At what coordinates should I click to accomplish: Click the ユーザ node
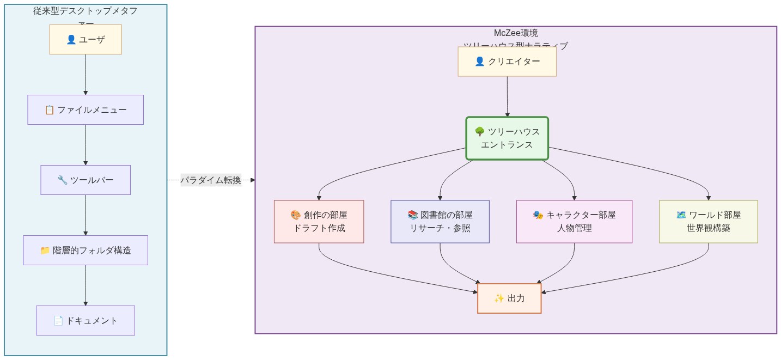pos(86,39)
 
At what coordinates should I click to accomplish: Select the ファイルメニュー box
pos(86,109)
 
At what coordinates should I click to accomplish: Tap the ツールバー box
pos(86,180)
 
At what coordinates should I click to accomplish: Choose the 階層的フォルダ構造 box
pos(86,250)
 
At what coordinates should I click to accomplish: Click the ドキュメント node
pos(86,320)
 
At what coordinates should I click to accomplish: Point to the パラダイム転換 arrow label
pos(211,180)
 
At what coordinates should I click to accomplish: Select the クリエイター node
pos(507,62)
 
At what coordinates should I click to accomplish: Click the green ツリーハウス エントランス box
pos(507,138)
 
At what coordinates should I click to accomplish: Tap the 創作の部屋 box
pos(319,221)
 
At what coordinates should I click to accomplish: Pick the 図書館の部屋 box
pos(440,221)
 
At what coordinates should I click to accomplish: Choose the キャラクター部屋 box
pos(574,221)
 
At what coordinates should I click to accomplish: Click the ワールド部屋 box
pos(708,221)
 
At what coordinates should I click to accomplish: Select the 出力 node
pos(509,298)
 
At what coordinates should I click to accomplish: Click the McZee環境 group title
pos(515,33)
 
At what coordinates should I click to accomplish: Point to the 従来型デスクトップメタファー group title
pos(86,11)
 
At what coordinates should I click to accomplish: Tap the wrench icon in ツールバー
pos(62,180)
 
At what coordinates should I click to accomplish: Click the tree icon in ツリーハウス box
pos(480,132)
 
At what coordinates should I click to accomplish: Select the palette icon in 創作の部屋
pos(296,215)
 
